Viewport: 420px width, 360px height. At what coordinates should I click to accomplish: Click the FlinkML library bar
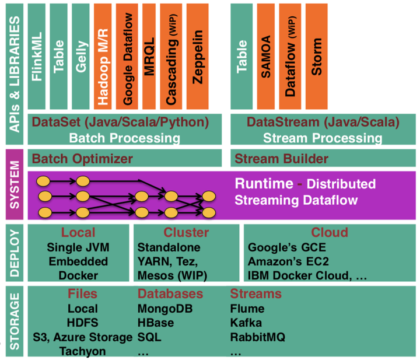(36, 56)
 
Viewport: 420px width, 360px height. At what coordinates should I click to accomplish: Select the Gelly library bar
(80, 56)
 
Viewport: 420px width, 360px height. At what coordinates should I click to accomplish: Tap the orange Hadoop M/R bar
(103, 56)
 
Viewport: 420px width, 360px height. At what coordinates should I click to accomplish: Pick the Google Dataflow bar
(127, 56)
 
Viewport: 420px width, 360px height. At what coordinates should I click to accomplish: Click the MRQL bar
(149, 56)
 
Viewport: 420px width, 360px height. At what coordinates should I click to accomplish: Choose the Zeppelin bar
(197, 56)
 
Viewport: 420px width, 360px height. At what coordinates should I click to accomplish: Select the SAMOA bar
(266, 56)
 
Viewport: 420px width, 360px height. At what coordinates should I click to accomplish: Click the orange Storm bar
(316, 56)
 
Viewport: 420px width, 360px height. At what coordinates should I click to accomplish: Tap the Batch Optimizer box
(125, 158)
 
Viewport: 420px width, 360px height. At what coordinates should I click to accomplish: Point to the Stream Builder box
(323, 158)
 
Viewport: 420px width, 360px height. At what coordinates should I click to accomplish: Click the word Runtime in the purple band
(264, 184)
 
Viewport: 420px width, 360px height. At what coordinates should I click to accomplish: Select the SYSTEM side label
(15, 184)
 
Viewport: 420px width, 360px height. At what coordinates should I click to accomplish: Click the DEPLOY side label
(15, 253)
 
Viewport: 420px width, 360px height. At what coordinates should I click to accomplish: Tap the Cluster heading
(186, 232)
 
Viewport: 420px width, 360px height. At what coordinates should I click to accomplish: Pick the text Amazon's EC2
(288, 261)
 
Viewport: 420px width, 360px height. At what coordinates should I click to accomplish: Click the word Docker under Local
(78, 275)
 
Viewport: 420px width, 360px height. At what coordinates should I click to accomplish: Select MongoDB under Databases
(165, 309)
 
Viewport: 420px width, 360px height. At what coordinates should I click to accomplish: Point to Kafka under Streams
(246, 323)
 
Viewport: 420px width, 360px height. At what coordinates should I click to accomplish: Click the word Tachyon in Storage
(82, 351)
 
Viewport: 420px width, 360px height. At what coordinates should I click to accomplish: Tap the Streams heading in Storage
(256, 293)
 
